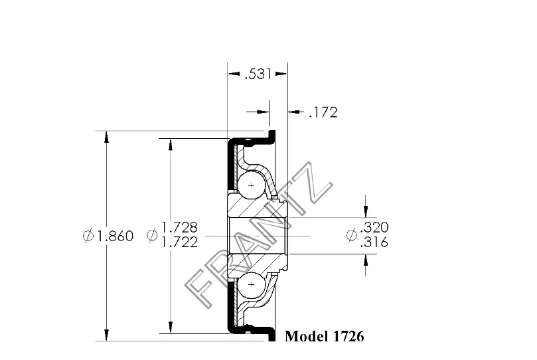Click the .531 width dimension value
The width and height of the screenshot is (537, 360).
[259, 74]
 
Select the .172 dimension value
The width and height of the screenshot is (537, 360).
[323, 112]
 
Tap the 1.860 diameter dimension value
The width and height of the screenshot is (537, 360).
[115, 236]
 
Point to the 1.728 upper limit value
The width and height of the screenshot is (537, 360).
[179, 227]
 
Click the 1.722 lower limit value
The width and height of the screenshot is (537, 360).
[179, 242]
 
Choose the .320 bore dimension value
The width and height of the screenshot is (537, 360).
[374, 227]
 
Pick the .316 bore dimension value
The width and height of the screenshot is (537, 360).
[374, 242]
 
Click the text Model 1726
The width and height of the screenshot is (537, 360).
[325, 336]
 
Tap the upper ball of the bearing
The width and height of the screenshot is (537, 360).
[252, 185]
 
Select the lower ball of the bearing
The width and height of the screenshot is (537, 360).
[252, 285]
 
